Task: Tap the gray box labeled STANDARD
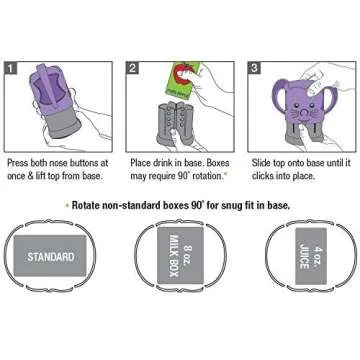[x=50, y=257]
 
